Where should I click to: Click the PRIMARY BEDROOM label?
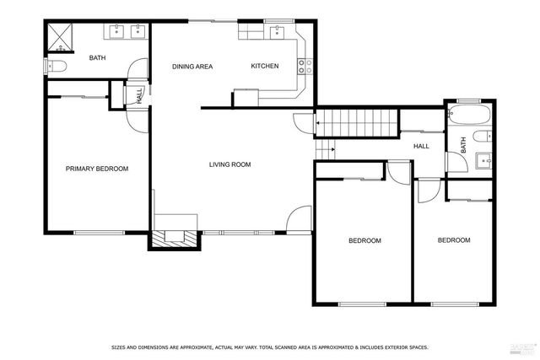click(97, 169)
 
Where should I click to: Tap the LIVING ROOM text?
click(230, 164)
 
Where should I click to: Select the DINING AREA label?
click(192, 67)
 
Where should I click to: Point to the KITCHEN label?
click(264, 67)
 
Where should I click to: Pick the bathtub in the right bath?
click(467, 115)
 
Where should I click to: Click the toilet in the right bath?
click(479, 136)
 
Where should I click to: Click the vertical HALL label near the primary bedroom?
click(138, 94)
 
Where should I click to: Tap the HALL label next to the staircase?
click(421, 146)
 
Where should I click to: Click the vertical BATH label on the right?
click(463, 145)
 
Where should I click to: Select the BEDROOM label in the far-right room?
click(453, 240)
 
